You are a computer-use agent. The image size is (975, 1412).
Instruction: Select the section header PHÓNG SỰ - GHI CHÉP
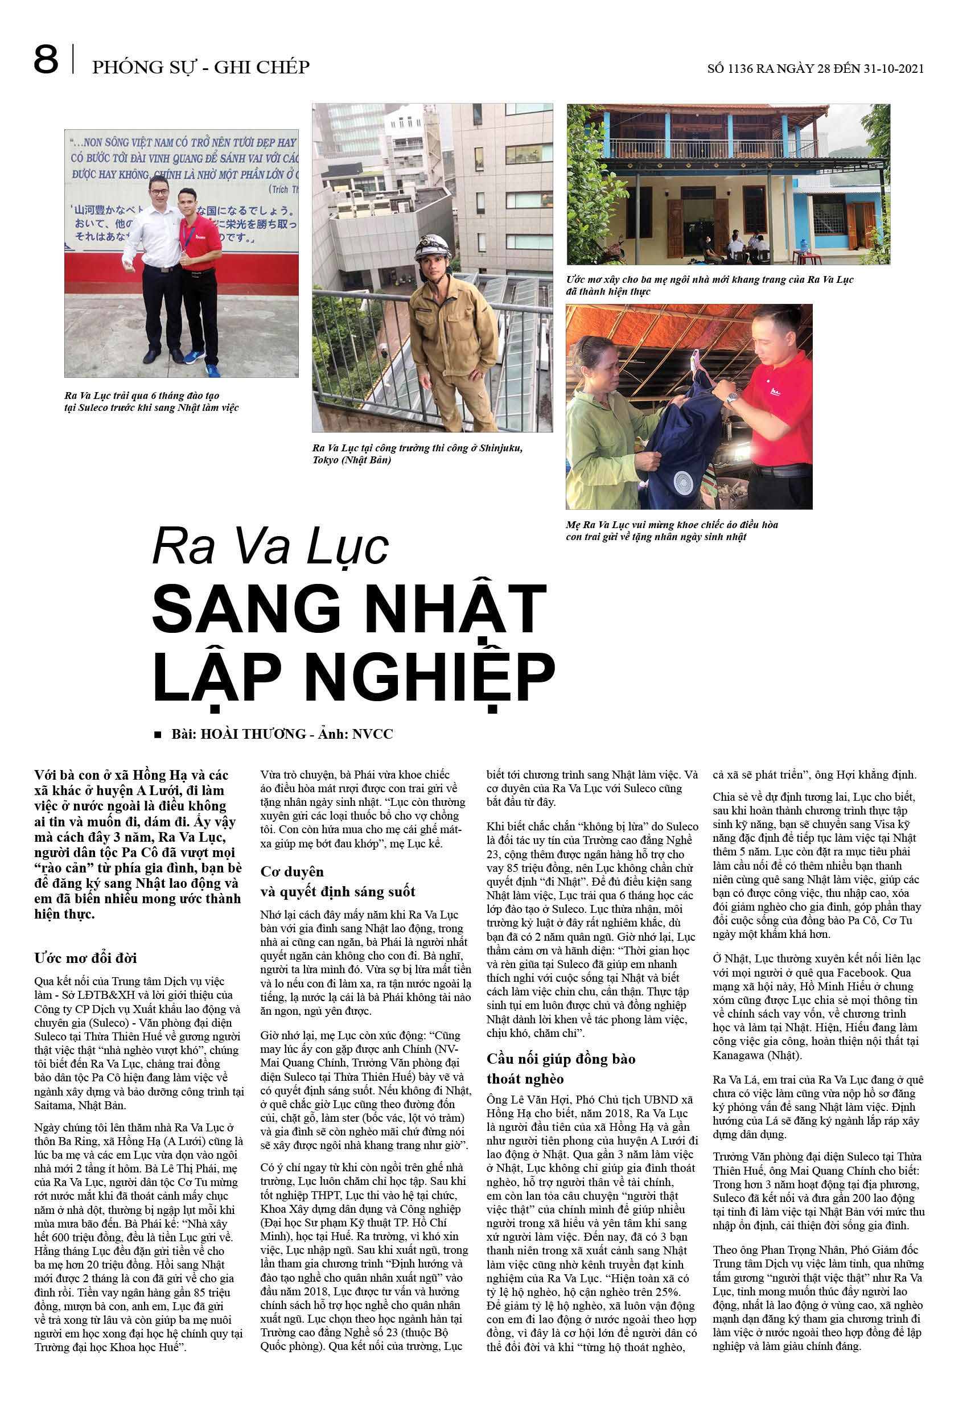tap(200, 67)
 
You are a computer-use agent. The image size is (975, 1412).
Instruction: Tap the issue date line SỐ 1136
tap(815, 68)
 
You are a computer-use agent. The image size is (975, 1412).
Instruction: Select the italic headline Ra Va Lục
tap(270, 546)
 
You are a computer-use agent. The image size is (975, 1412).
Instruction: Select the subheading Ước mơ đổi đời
tap(85, 957)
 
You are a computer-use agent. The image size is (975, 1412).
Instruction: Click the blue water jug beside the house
tap(804, 245)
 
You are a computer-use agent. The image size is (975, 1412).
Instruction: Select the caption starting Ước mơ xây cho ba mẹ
tap(709, 285)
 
